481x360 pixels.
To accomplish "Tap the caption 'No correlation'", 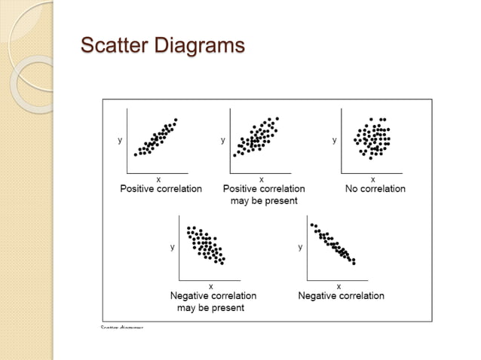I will click(x=375, y=188).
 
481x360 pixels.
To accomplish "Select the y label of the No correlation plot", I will click(x=335, y=140).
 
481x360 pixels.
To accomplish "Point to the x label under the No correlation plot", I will click(x=372, y=178).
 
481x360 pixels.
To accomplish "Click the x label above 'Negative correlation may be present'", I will click(x=210, y=286).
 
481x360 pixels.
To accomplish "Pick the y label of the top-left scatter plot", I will click(x=120, y=140).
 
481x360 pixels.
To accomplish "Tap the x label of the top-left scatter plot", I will click(x=158, y=178).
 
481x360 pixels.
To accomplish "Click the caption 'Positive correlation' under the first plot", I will click(x=161, y=188).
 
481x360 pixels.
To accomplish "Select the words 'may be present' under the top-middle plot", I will click(x=264, y=200).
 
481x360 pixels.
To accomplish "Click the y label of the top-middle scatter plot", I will click(x=222, y=140).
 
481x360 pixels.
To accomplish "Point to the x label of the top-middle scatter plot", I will click(x=261, y=178).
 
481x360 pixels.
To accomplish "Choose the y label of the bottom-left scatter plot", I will click(x=172, y=247).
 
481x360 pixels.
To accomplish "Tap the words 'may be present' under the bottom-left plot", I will click(x=210, y=307).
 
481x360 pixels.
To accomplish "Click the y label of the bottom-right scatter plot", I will click(x=300, y=247).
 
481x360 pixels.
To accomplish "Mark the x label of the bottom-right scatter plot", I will click(x=339, y=286).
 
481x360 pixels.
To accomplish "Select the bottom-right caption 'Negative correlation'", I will click(x=341, y=296).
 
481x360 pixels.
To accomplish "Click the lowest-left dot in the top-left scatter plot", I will click(x=136, y=154).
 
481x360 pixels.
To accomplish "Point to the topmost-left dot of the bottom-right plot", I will click(x=312, y=224).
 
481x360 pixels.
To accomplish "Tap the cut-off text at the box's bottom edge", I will click(x=122, y=326).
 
